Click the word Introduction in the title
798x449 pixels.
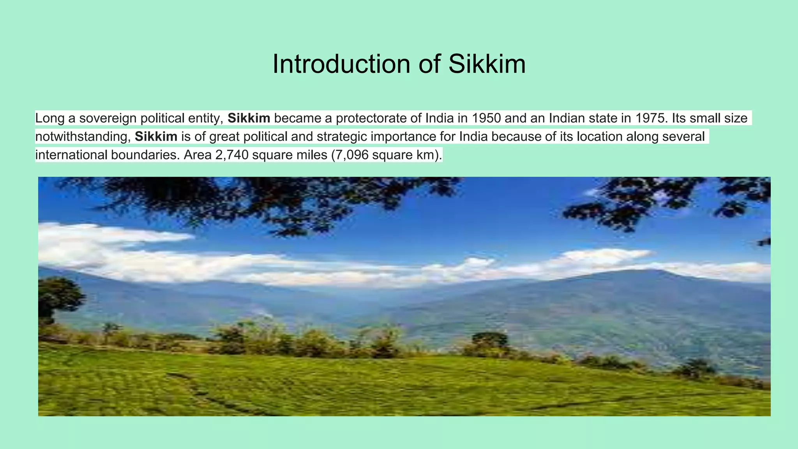pyautogui.click(x=341, y=64)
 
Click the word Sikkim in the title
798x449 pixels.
pyautogui.click(x=487, y=64)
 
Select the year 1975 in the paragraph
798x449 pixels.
pyautogui.click(x=651, y=118)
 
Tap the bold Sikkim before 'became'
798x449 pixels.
pyautogui.click(x=249, y=118)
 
